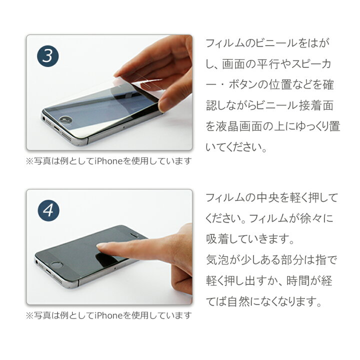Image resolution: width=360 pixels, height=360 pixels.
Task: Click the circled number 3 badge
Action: [x=48, y=56]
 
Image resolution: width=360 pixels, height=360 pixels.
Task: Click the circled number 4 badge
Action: [x=48, y=210]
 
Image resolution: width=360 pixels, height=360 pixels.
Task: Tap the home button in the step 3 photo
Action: [x=65, y=119]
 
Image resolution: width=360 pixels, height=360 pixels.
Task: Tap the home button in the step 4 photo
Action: [x=57, y=265]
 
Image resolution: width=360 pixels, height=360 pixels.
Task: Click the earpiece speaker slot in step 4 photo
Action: [x=134, y=235]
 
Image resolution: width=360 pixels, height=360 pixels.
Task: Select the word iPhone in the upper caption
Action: [x=109, y=161]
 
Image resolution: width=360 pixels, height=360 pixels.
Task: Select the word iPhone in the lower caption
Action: [x=109, y=315]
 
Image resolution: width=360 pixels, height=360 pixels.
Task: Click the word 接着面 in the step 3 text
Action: [x=316, y=105]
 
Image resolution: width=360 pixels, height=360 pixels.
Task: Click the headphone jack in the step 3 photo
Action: [x=44, y=118]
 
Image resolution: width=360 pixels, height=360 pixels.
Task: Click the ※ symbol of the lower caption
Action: [x=29, y=315]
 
